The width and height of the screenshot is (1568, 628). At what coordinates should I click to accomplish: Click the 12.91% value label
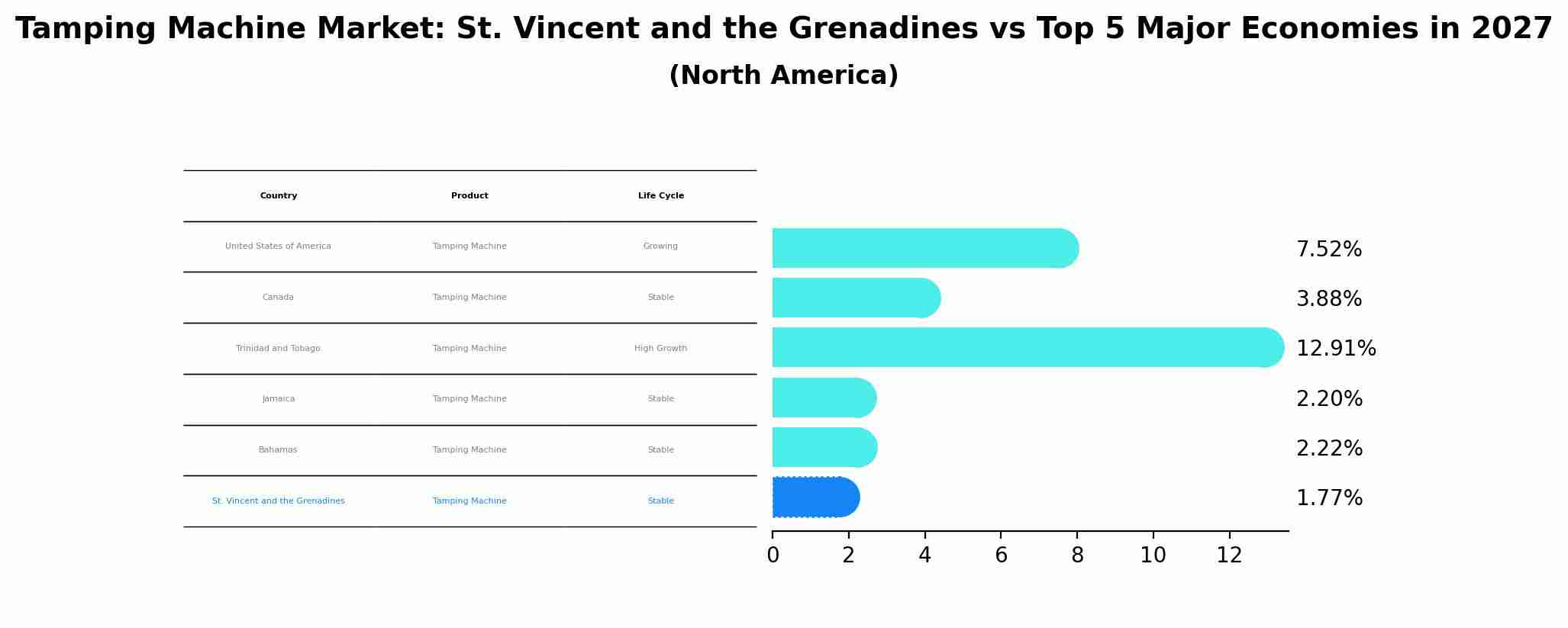tap(1336, 349)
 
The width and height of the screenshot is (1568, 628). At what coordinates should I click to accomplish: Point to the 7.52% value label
tap(1329, 250)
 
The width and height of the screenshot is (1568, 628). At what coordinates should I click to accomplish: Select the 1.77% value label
tap(1329, 498)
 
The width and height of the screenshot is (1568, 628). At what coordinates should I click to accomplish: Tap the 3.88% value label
tap(1329, 299)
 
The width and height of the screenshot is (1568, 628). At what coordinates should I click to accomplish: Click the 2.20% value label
tap(1329, 399)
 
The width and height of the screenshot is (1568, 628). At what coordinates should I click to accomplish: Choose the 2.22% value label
tap(1329, 449)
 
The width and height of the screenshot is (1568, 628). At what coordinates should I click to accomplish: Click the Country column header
tap(279, 196)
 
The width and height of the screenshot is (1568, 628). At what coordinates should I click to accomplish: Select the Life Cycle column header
tap(661, 196)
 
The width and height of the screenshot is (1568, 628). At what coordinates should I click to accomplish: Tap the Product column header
tap(469, 196)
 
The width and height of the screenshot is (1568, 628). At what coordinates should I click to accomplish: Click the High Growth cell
tap(661, 349)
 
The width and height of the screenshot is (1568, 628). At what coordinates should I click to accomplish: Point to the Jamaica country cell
tap(279, 399)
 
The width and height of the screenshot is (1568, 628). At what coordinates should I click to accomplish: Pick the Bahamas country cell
tap(278, 450)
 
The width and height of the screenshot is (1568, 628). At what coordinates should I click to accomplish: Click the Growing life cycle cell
tap(661, 246)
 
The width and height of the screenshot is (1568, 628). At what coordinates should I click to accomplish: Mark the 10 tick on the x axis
tap(1153, 556)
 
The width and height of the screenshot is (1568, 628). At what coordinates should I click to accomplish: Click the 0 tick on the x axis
tap(773, 556)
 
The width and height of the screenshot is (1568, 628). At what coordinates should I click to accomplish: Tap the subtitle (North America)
tap(783, 76)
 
